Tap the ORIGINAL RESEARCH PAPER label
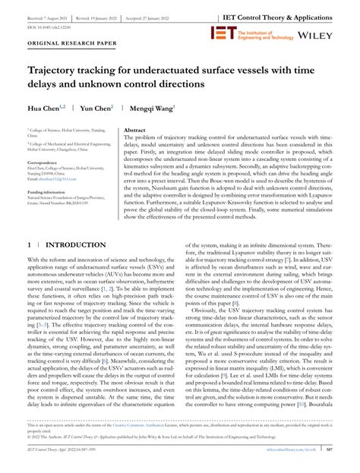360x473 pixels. tap(61, 65)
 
